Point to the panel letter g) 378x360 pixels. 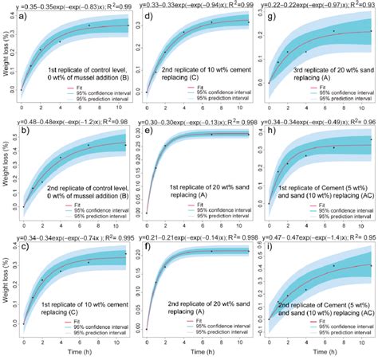273,17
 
